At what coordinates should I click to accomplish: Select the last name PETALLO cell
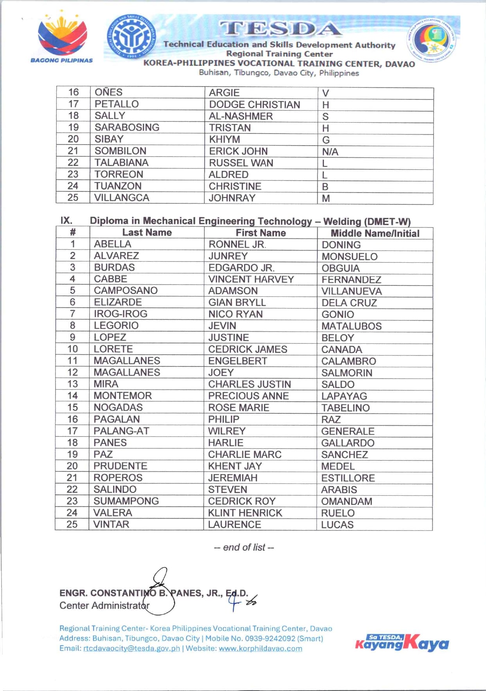point(117,104)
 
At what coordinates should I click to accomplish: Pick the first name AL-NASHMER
point(241,116)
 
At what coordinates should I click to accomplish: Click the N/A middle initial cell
point(330,152)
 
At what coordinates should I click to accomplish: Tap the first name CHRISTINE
point(235,186)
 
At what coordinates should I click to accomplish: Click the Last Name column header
point(147,233)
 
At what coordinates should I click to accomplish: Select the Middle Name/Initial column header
point(375,233)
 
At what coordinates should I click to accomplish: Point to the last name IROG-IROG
point(121,314)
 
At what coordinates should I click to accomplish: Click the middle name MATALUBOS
point(351,326)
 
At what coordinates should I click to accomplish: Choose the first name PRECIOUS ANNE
point(248,396)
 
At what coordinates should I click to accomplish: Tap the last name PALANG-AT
point(121,431)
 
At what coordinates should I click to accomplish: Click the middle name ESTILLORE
point(348,478)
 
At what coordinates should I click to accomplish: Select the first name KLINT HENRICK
point(245,513)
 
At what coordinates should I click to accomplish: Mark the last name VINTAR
point(111,524)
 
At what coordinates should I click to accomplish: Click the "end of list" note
point(244,547)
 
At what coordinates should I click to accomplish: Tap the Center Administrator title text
point(104,606)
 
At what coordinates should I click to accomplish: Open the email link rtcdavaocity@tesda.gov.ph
point(131,648)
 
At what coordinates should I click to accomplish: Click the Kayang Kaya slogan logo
point(402,642)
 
